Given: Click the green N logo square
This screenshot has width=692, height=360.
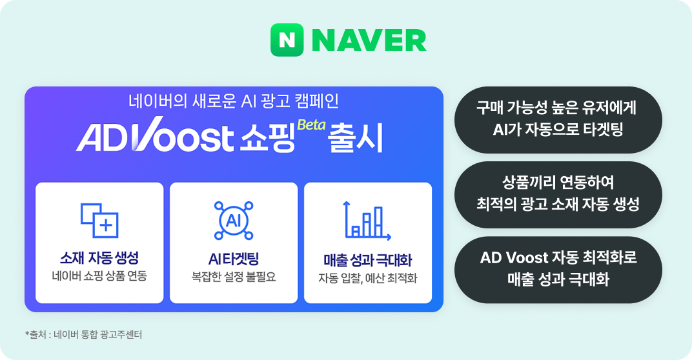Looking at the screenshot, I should click(287, 40).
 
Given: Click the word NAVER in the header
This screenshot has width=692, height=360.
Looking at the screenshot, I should click(369, 41).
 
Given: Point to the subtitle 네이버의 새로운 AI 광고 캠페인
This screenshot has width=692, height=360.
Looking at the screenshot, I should click(234, 101).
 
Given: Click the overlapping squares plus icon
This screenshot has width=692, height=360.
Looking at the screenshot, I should click(100, 219).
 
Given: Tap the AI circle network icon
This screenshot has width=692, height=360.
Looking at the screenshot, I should click(234, 220).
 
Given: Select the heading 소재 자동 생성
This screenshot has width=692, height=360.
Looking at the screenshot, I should click(99, 259).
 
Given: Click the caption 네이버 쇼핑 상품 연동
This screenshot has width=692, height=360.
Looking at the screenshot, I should click(99, 277).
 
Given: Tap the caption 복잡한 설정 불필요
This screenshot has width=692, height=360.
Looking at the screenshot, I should click(234, 277).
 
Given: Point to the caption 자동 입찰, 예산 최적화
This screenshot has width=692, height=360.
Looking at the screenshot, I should click(367, 279).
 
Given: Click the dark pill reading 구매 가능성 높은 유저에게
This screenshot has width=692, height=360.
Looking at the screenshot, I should click(558, 120).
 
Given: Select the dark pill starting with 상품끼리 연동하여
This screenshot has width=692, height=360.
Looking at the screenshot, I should click(558, 194).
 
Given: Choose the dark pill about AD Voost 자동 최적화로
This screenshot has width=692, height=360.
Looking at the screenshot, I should click(558, 269).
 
